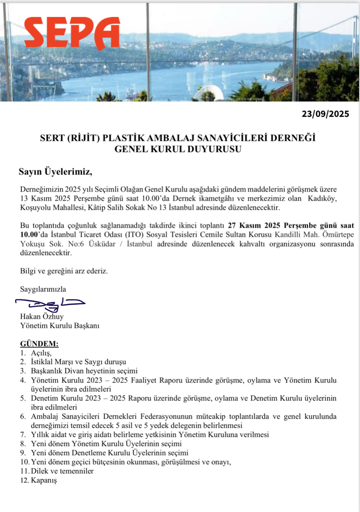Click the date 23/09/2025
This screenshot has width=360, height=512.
pyautogui.click(x=325, y=114)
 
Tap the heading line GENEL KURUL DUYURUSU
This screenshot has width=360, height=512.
pyautogui.click(x=178, y=149)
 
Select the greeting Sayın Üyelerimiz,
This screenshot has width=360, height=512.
pyautogui.click(x=55, y=172)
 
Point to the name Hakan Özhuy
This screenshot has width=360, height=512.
pyautogui.click(x=42, y=316)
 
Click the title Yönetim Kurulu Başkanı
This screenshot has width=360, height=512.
pyautogui.click(x=60, y=326)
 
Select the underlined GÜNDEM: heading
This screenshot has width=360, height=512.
pyautogui.click(x=39, y=344)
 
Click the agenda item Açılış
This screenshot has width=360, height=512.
pyautogui.click(x=41, y=353)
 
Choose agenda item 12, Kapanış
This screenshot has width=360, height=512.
pyautogui.click(x=44, y=480)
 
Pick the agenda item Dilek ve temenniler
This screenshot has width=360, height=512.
pyautogui.click(x=62, y=471)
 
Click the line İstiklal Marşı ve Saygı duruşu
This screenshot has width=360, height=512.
pyautogui.click(x=78, y=362)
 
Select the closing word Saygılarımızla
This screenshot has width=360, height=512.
pyautogui.click(x=43, y=289)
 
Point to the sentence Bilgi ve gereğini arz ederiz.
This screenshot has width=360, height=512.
pyautogui.click(x=64, y=271)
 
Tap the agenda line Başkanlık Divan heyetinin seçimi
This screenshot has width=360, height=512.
pyautogui.click(x=84, y=371)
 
